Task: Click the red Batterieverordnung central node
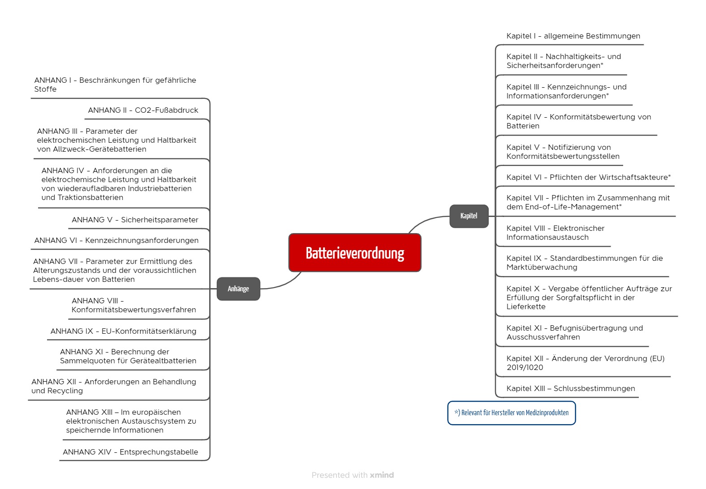click(x=355, y=253)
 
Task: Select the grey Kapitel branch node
click(x=469, y=216)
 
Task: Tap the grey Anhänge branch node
click(x=238, y=289)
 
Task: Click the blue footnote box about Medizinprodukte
click(x=512, y=413)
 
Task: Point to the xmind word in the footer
click(x=382, y=475)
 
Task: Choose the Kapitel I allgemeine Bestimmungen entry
click(x=573, y=36)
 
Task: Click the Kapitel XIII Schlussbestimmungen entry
click(x=570, y=388)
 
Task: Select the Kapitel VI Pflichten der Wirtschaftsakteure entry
click(x=589, y=177)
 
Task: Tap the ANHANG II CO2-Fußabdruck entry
click(x=143, y=110)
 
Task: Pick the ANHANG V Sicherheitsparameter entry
click(x=135, y=220)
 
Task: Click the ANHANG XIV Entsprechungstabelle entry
click(x=130, y=452)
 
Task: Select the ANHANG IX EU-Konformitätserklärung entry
click(x=123, y=331)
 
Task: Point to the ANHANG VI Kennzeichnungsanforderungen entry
click(x=116, y=240)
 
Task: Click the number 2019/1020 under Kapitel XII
click(x=525, y=367)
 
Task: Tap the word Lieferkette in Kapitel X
click(x=526, y=306)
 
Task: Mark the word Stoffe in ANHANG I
click(x=45, y=89)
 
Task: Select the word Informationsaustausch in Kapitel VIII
click(x=547, y=237)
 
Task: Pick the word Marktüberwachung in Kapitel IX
click(x=542, y=267)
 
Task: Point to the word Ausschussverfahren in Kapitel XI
click(x=543, y=337)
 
